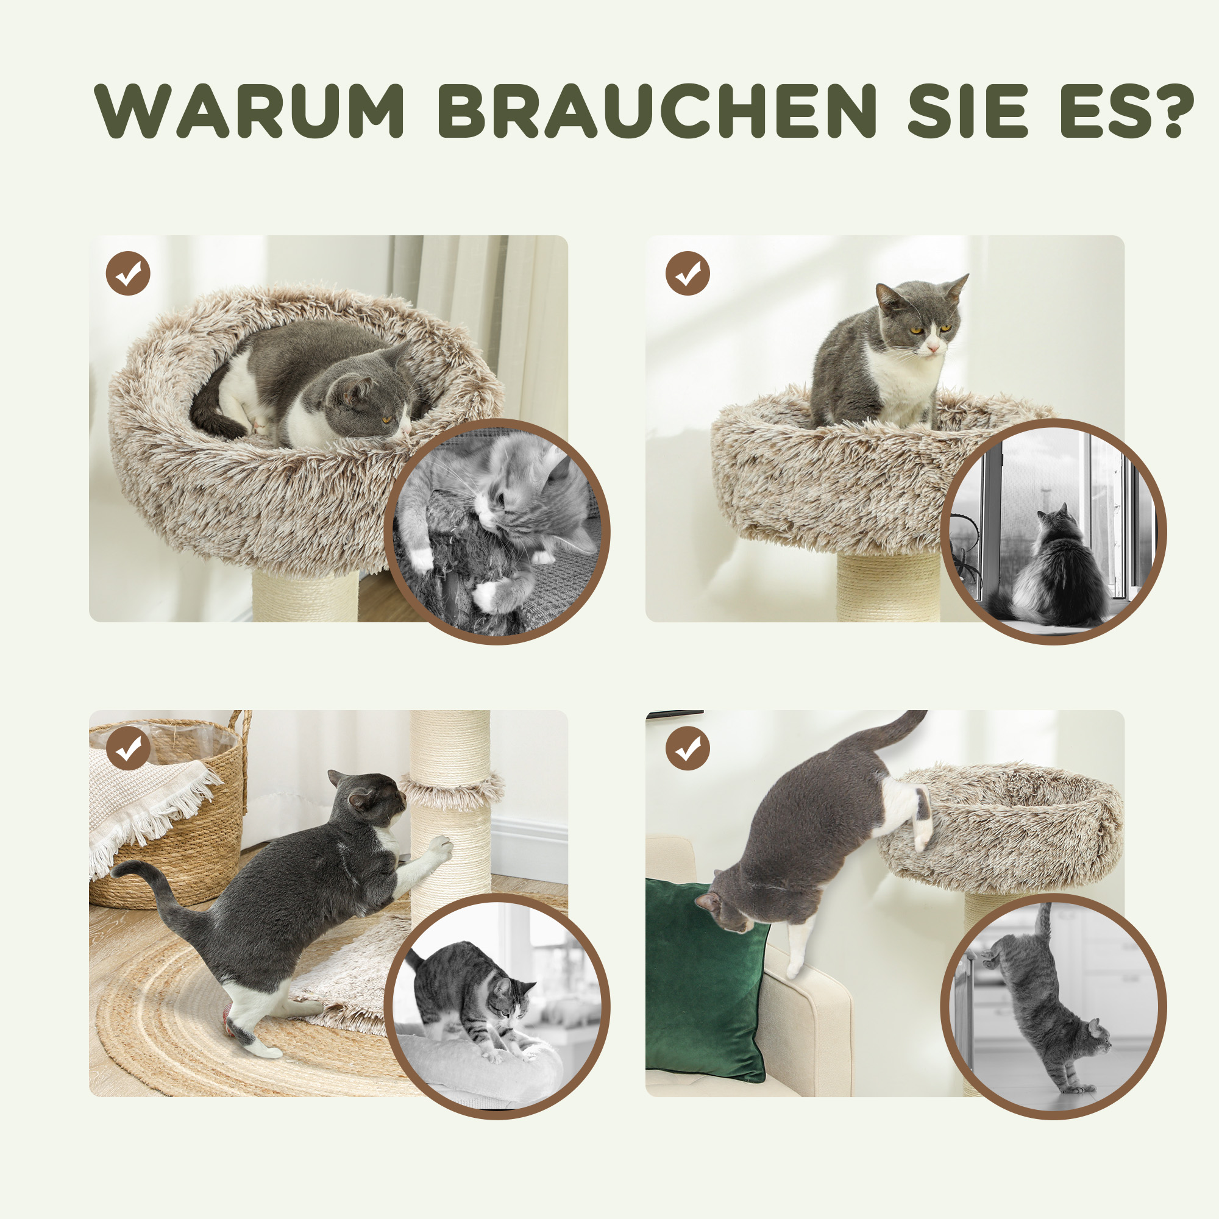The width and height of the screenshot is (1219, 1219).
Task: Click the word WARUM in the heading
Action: (249, 110)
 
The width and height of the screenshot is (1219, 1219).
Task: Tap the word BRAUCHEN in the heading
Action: (656, 110)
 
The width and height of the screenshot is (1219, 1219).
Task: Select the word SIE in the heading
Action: (967, 110)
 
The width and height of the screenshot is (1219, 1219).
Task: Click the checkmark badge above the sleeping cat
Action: (128, 273)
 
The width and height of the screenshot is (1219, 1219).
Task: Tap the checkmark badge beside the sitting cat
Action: (688, 273)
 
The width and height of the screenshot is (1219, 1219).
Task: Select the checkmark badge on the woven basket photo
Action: (128, 748)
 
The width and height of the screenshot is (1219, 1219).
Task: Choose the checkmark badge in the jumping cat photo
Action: (688, 748)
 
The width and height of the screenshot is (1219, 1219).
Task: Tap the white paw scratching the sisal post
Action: (442, 848)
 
